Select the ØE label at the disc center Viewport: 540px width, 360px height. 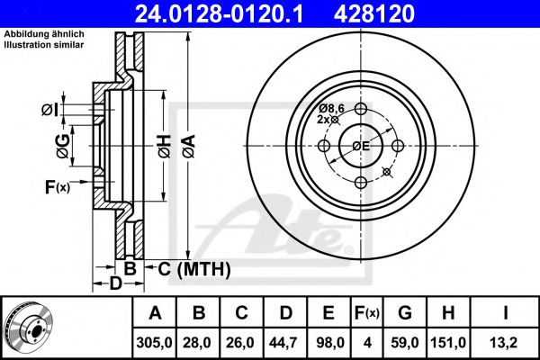coord(361,146)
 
